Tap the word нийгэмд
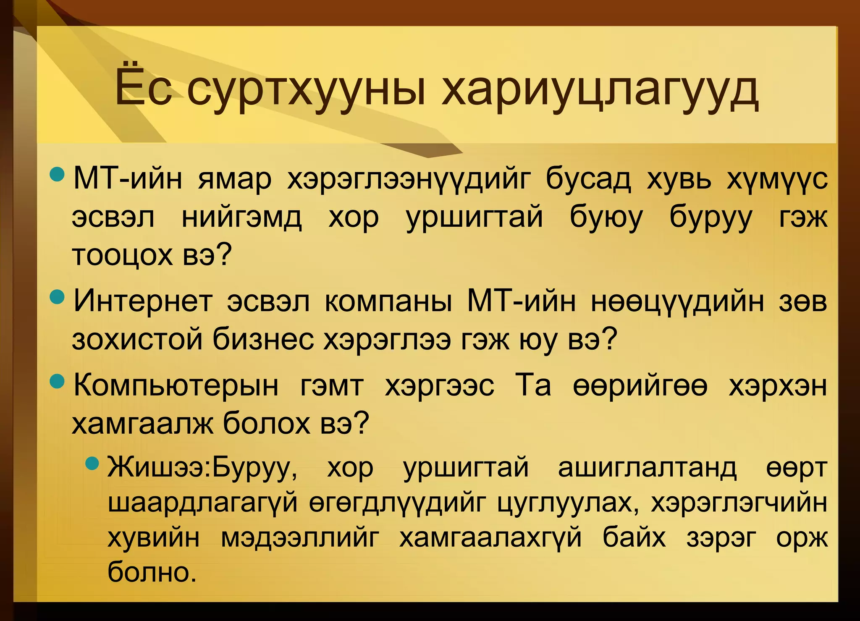pyautogui.click(x=241, y=217)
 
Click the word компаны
pyautogui.click(x=388, y=301)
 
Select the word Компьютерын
pyautogui.click(x=176, y=385)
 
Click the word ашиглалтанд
pyautogui.click(x=647, y=467)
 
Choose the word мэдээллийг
pyautogui.click(x=300, y=537)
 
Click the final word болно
pyautogui.click(x=152, y=572)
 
